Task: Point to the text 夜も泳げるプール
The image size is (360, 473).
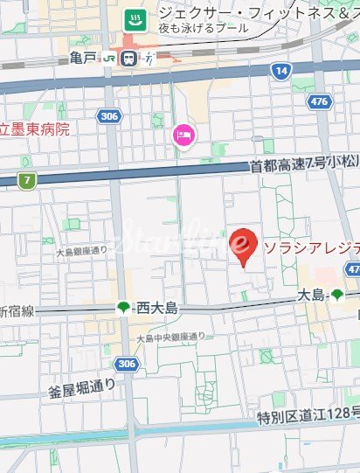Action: coord(204,29)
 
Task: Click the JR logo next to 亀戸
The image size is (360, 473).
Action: coord(109,59)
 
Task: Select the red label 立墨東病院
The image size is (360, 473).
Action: coord(34,129)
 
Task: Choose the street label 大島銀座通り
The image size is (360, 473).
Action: coord(80,251)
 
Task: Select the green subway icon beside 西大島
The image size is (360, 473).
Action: coord(122,307)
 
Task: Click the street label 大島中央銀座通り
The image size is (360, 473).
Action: coord(171,337)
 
